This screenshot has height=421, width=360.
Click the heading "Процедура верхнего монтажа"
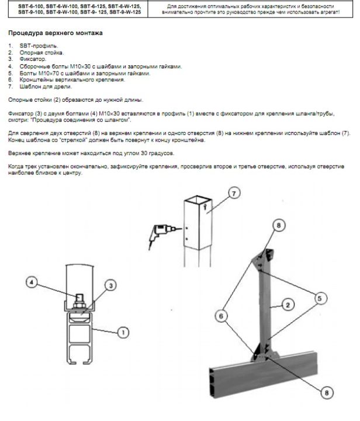[56, 33]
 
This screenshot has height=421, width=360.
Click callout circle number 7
[234, 194]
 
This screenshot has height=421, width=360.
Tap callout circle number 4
[32, 282]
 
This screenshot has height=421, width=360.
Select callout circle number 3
[110, 285]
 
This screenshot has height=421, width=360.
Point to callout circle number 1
[123, 332]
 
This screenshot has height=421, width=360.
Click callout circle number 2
[288, 305]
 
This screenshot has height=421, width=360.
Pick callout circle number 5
[320, 298]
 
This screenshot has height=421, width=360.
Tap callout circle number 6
[221, 316]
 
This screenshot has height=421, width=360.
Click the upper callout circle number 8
[279, 225]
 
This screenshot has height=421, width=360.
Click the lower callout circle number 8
[327, 393]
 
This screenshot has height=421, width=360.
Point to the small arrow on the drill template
[206, 206]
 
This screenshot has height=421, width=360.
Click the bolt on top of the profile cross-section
[79, 302]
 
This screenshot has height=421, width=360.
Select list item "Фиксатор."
[33, 59]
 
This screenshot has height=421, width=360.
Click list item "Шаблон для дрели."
[46, 87]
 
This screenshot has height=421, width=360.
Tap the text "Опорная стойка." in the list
[41, 53]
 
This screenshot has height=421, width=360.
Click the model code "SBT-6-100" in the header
[31, 6]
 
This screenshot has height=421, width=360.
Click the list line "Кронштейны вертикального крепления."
[72, 80]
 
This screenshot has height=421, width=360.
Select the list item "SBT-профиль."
[39, 46]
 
